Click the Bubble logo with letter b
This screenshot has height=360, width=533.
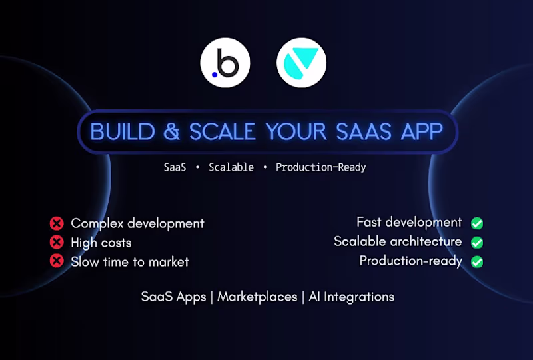[x=225, y=63]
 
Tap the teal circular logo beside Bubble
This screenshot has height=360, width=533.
[x=301, y=63]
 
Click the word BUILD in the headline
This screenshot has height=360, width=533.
[x=123, y=131]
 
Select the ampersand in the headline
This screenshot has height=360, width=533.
[x=172, y=131]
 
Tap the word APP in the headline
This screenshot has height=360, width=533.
[x=420, y=131]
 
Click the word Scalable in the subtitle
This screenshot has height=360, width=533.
[x=231, y=167]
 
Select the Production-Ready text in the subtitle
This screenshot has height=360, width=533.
[x=321, y=167]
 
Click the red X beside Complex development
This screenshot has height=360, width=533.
[x=57, y=223]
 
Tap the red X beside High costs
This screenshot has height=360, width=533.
[x=57, y=243]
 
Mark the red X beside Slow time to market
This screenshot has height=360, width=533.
[x=57, y=261]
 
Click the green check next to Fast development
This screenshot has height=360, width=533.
[x=477, y=223]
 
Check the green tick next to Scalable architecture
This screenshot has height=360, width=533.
[x=477, y=243]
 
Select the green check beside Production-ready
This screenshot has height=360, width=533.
[x=477, y=261]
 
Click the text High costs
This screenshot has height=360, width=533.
[x=101, y=243]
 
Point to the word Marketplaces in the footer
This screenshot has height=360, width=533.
[x=257, y=297]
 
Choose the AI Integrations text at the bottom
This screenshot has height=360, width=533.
[x=352, y=297]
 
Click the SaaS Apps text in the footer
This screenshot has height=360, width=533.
[x=173, y=297]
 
